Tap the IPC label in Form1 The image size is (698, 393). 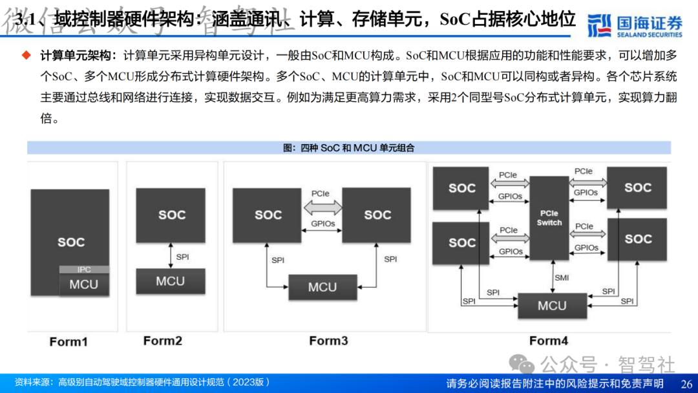point(84,270)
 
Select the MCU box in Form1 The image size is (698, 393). point(84,284)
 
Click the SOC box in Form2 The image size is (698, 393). point(171,215)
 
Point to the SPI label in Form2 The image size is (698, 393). point(183,257)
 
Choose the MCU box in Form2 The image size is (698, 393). point(171,281)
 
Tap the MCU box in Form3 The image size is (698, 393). point(323,287)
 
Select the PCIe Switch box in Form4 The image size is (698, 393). point(549,218)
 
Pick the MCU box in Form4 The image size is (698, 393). point(552,306)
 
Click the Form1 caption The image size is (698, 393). point(69,341)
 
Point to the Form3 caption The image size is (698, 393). point(328,341)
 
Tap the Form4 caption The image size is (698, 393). point(549,341)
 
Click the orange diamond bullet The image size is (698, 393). point(27,55)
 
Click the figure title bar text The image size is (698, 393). point(348,148)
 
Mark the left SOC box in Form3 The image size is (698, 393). point(268,215)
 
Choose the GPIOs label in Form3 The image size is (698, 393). point(322,224)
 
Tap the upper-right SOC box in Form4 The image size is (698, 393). point(637,187)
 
